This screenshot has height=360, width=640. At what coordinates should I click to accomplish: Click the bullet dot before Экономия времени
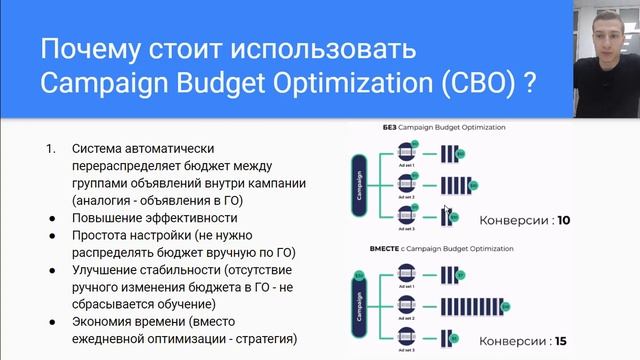[x=52, y=321]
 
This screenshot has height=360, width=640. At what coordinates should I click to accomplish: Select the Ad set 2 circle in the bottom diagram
[x=406, y=303]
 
